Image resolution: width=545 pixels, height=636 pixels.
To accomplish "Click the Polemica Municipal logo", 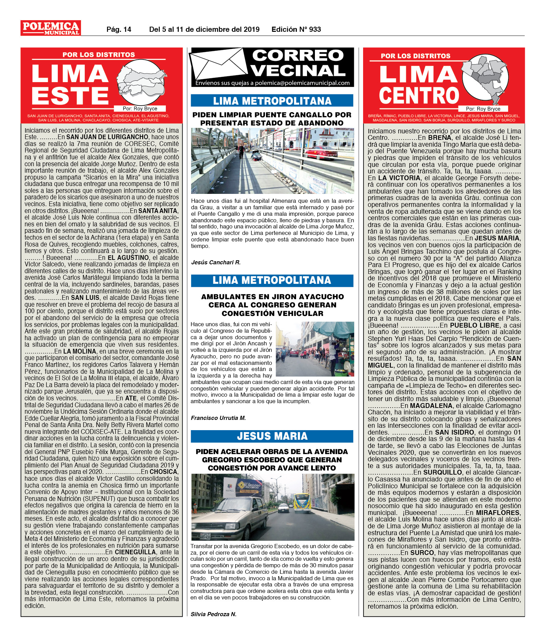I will pyautogui.click(x=51, y=28).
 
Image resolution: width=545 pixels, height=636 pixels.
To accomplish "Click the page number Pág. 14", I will pyautogui.click(x=119, y=29).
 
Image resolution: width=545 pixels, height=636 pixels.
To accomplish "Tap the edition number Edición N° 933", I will pyautogui.click(x=296, y=29).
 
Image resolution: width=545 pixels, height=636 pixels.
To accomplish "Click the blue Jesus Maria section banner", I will pyautogui.click(x=272, y=436).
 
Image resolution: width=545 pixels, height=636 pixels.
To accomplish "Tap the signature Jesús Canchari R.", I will pyautogui.click(x=216, y=262).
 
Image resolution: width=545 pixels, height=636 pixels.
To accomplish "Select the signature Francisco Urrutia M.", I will pyautogui.click(x=218, y=418).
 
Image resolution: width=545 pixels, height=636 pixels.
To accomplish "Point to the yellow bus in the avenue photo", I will pyautogui.click(x=302, y=503).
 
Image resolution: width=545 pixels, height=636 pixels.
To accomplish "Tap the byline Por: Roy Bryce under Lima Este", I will pyautogui.click(x=140, y=108).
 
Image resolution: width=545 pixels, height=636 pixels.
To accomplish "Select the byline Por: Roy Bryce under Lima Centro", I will pyautogui.click(x=483, y=109).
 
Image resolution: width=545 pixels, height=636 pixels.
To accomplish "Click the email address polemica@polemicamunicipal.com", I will pyautogui.click(x=302, y=83).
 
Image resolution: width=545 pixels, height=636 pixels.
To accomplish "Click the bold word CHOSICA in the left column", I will pyautogui.click(x=164, y=472).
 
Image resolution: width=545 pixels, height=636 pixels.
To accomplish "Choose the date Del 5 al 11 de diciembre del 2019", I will pyautogui.click(x=204, y=29).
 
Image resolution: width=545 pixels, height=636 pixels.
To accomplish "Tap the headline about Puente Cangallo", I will pyautogui.click(x=272, y=119).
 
